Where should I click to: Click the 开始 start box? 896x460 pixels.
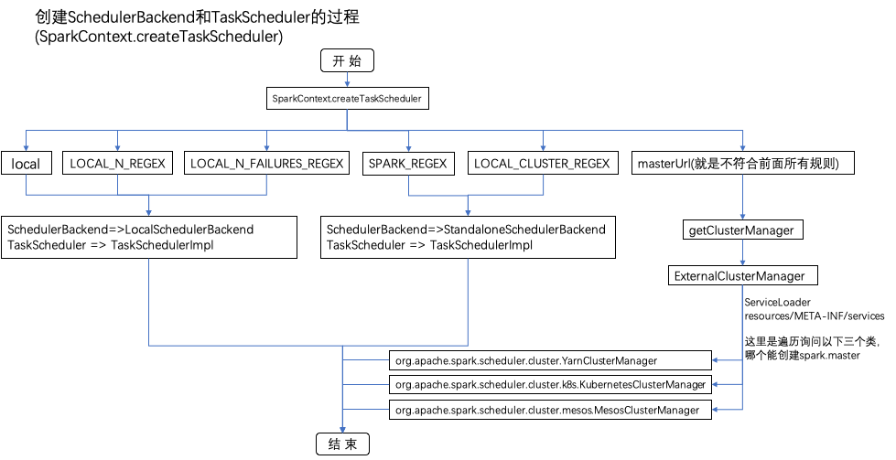(347, 60)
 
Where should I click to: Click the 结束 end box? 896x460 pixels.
(342, 444)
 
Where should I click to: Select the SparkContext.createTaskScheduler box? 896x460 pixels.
(347, 98)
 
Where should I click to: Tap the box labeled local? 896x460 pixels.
(26, 164)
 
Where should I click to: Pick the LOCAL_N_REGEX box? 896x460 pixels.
(117, 164)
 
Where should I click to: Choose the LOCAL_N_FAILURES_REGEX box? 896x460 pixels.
(266, 164)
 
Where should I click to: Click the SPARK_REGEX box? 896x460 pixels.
(408, 164)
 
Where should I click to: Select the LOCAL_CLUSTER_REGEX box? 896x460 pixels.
(543, 164)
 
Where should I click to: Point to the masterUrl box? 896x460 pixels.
(744, 164)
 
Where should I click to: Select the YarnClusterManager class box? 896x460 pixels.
(549, 360)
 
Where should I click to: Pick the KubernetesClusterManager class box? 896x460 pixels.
(549, 385)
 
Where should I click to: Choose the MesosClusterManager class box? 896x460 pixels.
(549, 411)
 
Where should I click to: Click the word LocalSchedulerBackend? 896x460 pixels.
(189, 229)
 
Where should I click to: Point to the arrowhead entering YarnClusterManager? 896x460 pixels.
(717, 360)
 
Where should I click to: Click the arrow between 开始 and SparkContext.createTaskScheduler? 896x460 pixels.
(347, 80)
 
